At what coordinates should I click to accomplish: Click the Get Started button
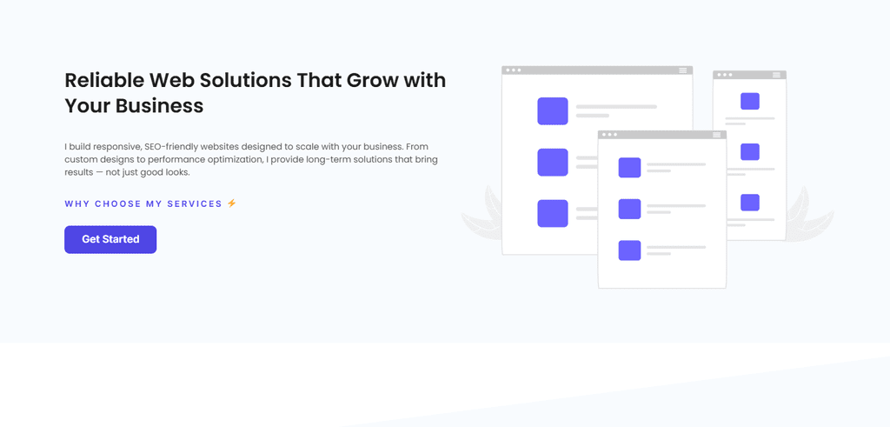(110, 240)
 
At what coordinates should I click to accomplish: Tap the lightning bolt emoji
(231, 203)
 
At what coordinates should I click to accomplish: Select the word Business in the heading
(160, 106)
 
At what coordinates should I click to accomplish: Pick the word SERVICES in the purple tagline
(195, 203)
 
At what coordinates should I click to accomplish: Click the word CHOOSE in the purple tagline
(117, 203)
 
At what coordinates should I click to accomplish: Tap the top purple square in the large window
(553, 111)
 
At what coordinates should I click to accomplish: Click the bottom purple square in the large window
(553, 214)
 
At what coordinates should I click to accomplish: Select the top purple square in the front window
(629, 168)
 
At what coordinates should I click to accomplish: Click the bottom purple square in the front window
(629, 250)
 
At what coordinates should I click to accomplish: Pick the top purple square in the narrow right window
(750, 101)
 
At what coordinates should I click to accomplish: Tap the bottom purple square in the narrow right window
(750, 203)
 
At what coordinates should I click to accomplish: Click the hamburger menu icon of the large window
(683, 70)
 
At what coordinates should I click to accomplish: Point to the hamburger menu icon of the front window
(717, 135)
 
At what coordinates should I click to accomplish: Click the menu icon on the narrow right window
(776, 75)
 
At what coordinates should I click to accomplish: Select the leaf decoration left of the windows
(482, 217)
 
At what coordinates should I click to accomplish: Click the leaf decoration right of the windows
(809, 215)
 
